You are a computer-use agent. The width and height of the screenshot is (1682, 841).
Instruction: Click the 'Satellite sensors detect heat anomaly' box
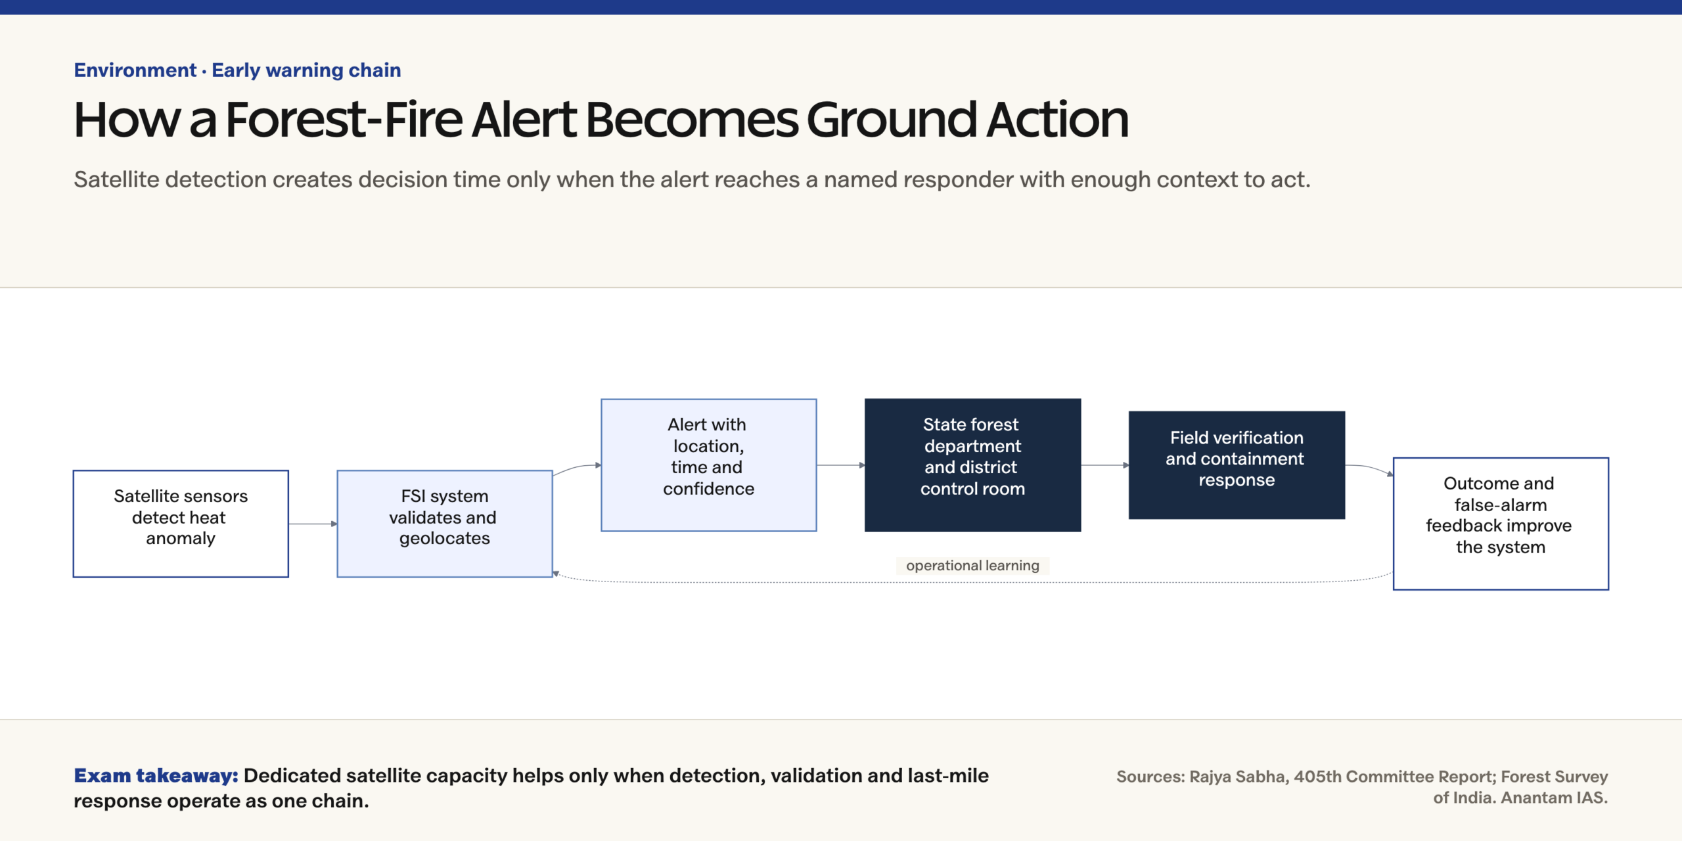point(181,524)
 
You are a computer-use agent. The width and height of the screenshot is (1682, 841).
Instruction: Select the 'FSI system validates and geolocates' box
point(445,524)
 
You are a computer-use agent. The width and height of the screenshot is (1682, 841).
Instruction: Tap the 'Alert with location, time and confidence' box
point(709,465)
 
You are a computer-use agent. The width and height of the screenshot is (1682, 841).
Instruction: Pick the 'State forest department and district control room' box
point(973,465)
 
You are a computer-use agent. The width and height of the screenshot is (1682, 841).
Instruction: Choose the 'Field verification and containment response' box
point(1237,465)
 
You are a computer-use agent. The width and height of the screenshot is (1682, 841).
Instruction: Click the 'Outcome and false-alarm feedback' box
point(1501,524)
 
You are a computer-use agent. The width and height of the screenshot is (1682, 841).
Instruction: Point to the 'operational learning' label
point(972,566)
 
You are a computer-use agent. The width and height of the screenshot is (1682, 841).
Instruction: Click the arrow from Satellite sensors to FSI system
point(313,524)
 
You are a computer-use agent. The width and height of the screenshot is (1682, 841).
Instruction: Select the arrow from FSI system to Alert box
point(577,468)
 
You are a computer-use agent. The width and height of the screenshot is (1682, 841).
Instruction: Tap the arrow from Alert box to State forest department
point(841,465)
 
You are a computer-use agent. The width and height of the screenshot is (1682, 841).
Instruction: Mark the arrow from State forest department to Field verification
point(1105,465)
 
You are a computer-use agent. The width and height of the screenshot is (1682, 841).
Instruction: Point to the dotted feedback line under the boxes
point(972,581)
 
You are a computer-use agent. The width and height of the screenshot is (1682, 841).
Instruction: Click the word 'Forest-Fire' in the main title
point(344,120)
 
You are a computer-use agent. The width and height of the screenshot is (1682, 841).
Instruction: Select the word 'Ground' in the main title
point(892,120)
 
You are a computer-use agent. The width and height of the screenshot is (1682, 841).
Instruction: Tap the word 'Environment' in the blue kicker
point(135,70)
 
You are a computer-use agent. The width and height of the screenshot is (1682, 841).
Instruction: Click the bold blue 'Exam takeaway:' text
point(156,776)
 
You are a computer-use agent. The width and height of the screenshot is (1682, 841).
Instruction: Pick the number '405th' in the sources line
point(1317,777)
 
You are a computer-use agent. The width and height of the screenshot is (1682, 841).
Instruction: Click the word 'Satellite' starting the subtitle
point(116,179)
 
